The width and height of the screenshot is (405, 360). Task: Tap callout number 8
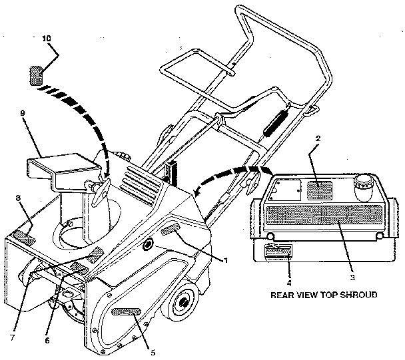tap(18, 198)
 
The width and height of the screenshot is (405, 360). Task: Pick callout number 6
tap(46, 340)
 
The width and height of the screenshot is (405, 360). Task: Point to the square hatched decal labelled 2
tap(320, 190)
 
